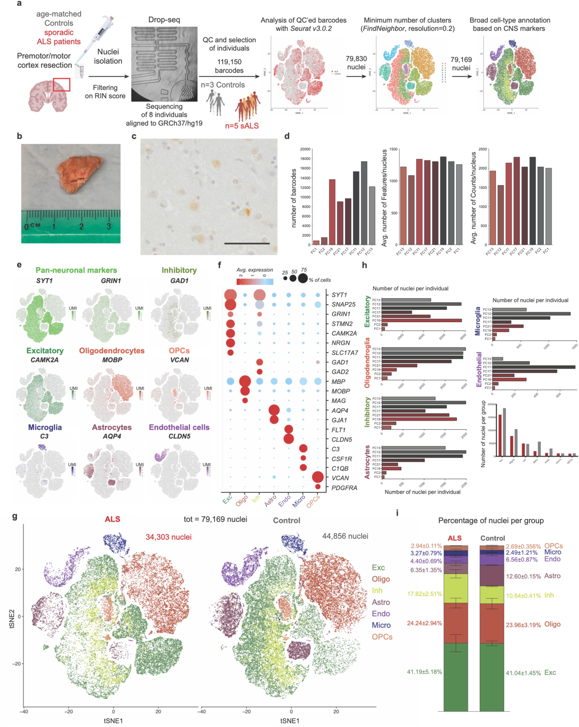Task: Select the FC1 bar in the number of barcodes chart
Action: click(316, 242)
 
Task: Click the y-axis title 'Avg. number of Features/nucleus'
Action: click(384, 198)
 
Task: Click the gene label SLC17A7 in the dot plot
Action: click(344, 353)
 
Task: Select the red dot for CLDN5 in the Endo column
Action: click(289, 439)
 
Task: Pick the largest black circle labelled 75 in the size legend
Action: click(303, 278)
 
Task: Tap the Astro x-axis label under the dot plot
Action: click(270, 501)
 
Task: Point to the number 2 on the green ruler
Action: click(81, 227)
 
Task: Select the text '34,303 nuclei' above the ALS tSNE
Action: click(168, 537)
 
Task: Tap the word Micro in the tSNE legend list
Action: click(381, 625)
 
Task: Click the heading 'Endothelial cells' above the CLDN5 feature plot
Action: click(179, 427)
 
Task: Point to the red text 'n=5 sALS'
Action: click(242, 126)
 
